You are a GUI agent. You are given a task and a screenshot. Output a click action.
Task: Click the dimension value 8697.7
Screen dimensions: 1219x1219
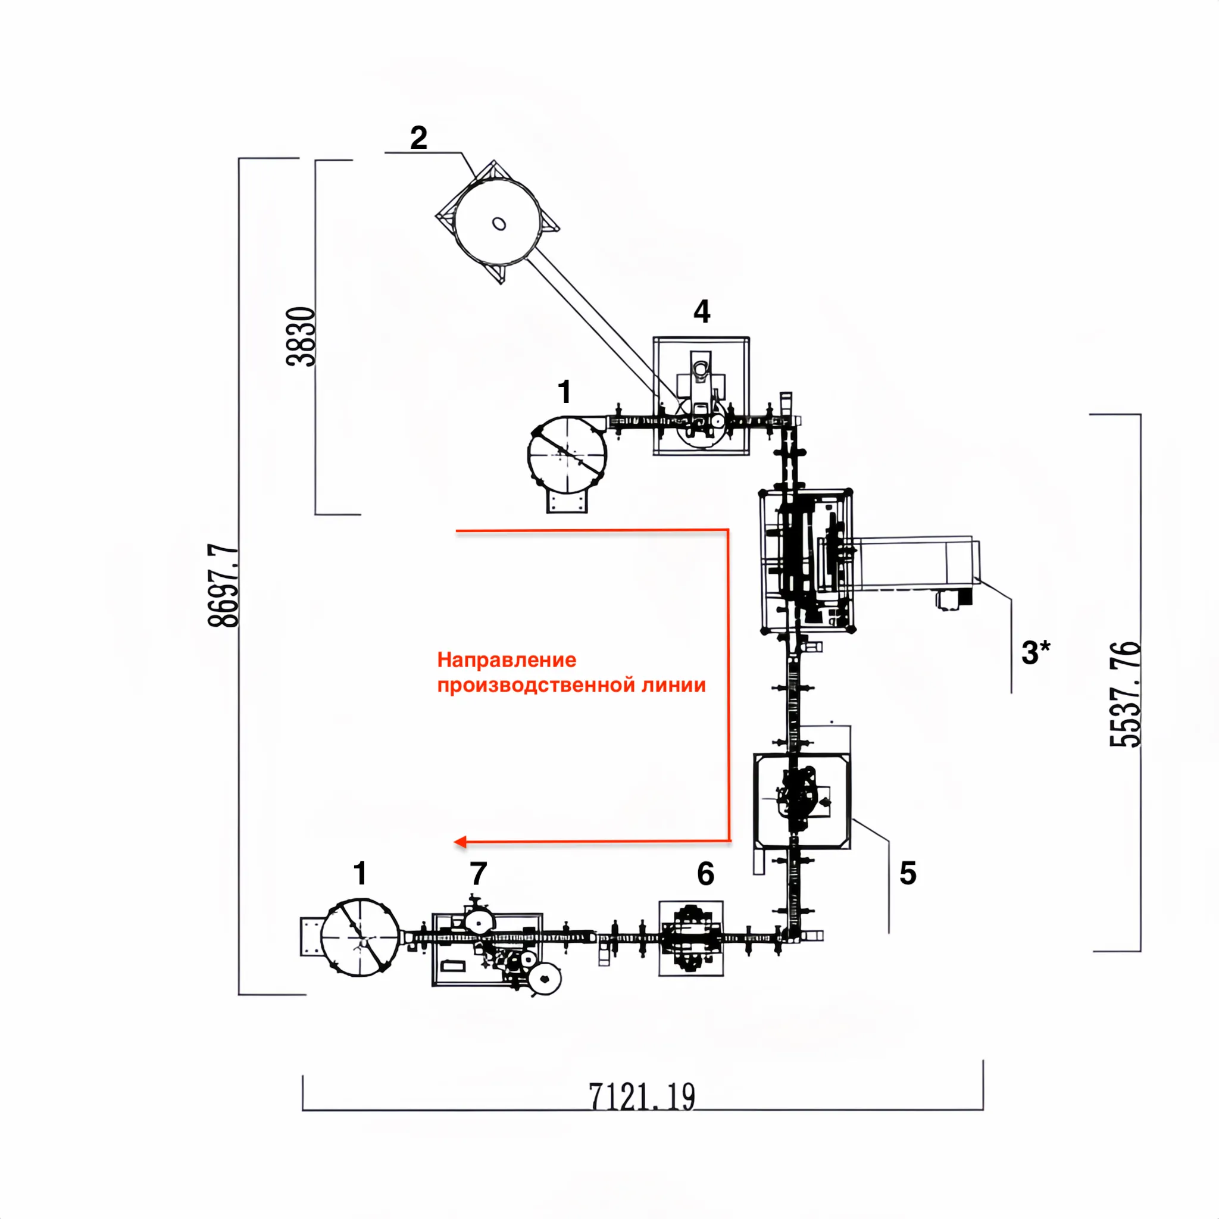pyautogui.click(x=223, y=586)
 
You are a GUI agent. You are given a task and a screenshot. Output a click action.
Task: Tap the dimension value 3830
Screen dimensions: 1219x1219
pyautogui.click(x=301, y=336)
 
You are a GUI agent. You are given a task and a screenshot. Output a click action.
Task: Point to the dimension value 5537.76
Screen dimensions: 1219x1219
pyautogui.click(x=1125, y=694)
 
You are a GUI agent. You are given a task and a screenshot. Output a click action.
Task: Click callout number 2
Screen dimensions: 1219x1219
pyautogui.click(x=418, y=137)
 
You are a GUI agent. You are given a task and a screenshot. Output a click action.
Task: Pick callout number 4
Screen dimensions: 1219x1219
pyautogui.click(x=702, y=312)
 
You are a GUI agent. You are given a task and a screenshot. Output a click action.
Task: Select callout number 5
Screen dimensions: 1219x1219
pyautogui.click(x=907, y=873)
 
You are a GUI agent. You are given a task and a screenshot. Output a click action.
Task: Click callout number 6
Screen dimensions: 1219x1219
pyautogui.click(x=705, y=874)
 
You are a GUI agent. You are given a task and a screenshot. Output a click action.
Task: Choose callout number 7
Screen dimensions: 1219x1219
pyautogui.click(x=479, y=874)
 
